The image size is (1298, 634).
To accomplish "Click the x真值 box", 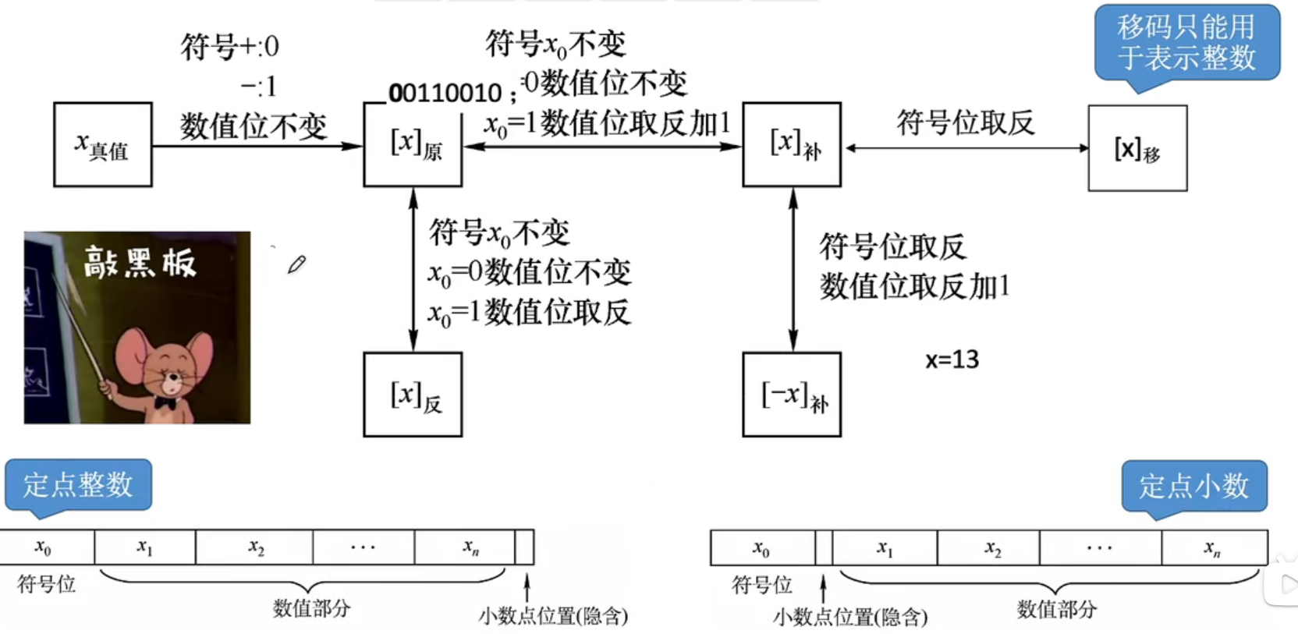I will pos(102,145).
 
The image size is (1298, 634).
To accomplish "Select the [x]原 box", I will pos(413,145).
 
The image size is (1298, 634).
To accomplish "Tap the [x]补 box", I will pos(792,145).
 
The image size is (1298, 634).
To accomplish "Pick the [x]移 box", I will pos(1137,148).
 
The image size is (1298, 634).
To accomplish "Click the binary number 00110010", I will pos(445,94).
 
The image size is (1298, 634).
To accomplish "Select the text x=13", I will pos(952,360).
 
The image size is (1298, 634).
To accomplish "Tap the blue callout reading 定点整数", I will pos(78,485).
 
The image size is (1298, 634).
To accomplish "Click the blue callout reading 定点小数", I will pos(1193,487).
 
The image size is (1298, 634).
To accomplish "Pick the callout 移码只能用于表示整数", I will pos(1186,43).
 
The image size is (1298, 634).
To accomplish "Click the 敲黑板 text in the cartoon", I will pos(140,263).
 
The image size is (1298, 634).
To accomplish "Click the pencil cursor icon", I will pos(296,264).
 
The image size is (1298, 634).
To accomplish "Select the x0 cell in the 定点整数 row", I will pos(44,547).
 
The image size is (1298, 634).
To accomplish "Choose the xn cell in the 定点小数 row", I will pos(1212,548).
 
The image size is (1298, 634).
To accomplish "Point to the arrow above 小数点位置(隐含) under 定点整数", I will pos(527,586).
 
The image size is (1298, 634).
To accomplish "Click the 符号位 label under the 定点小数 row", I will pos(761,585).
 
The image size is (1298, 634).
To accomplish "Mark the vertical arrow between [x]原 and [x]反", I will pos(413,269).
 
